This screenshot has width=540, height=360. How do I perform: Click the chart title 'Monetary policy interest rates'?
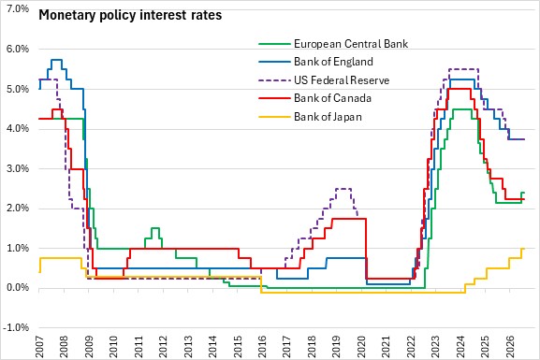[x=130, y=16]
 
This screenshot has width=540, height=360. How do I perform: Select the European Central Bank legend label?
[x=351, y=44]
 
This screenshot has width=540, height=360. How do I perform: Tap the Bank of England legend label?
[x=333, y=62]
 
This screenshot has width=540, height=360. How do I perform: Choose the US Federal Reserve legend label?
[x=342, y=80]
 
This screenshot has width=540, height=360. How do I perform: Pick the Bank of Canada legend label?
[x=332, y=98]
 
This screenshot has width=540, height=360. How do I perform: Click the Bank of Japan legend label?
[x=328, y=117]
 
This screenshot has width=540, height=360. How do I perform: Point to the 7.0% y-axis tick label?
[x=18, y=9]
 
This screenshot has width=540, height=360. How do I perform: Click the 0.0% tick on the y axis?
[x=18, y=288]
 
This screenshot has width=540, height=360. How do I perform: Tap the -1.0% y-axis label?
[x=16, y=327]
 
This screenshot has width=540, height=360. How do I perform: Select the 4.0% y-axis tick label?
[x=18, y=129]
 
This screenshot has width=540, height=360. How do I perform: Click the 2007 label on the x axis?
[x=39, y=347]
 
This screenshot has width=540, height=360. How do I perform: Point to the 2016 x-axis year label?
[x=262, y=347]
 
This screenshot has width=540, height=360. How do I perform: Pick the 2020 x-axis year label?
[x=361, y=347]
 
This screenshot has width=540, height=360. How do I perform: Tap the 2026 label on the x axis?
[x=510, y=347]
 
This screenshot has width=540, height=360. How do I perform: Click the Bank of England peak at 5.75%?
[x=56, y=60]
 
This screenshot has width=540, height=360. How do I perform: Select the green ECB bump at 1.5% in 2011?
[x=155, y=228]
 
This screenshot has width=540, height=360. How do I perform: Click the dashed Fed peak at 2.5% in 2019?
[x=343, y=189]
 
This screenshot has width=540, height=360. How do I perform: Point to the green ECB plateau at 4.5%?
[x=461, y=109]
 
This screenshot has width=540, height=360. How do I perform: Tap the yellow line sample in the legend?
[x=274, y=117]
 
